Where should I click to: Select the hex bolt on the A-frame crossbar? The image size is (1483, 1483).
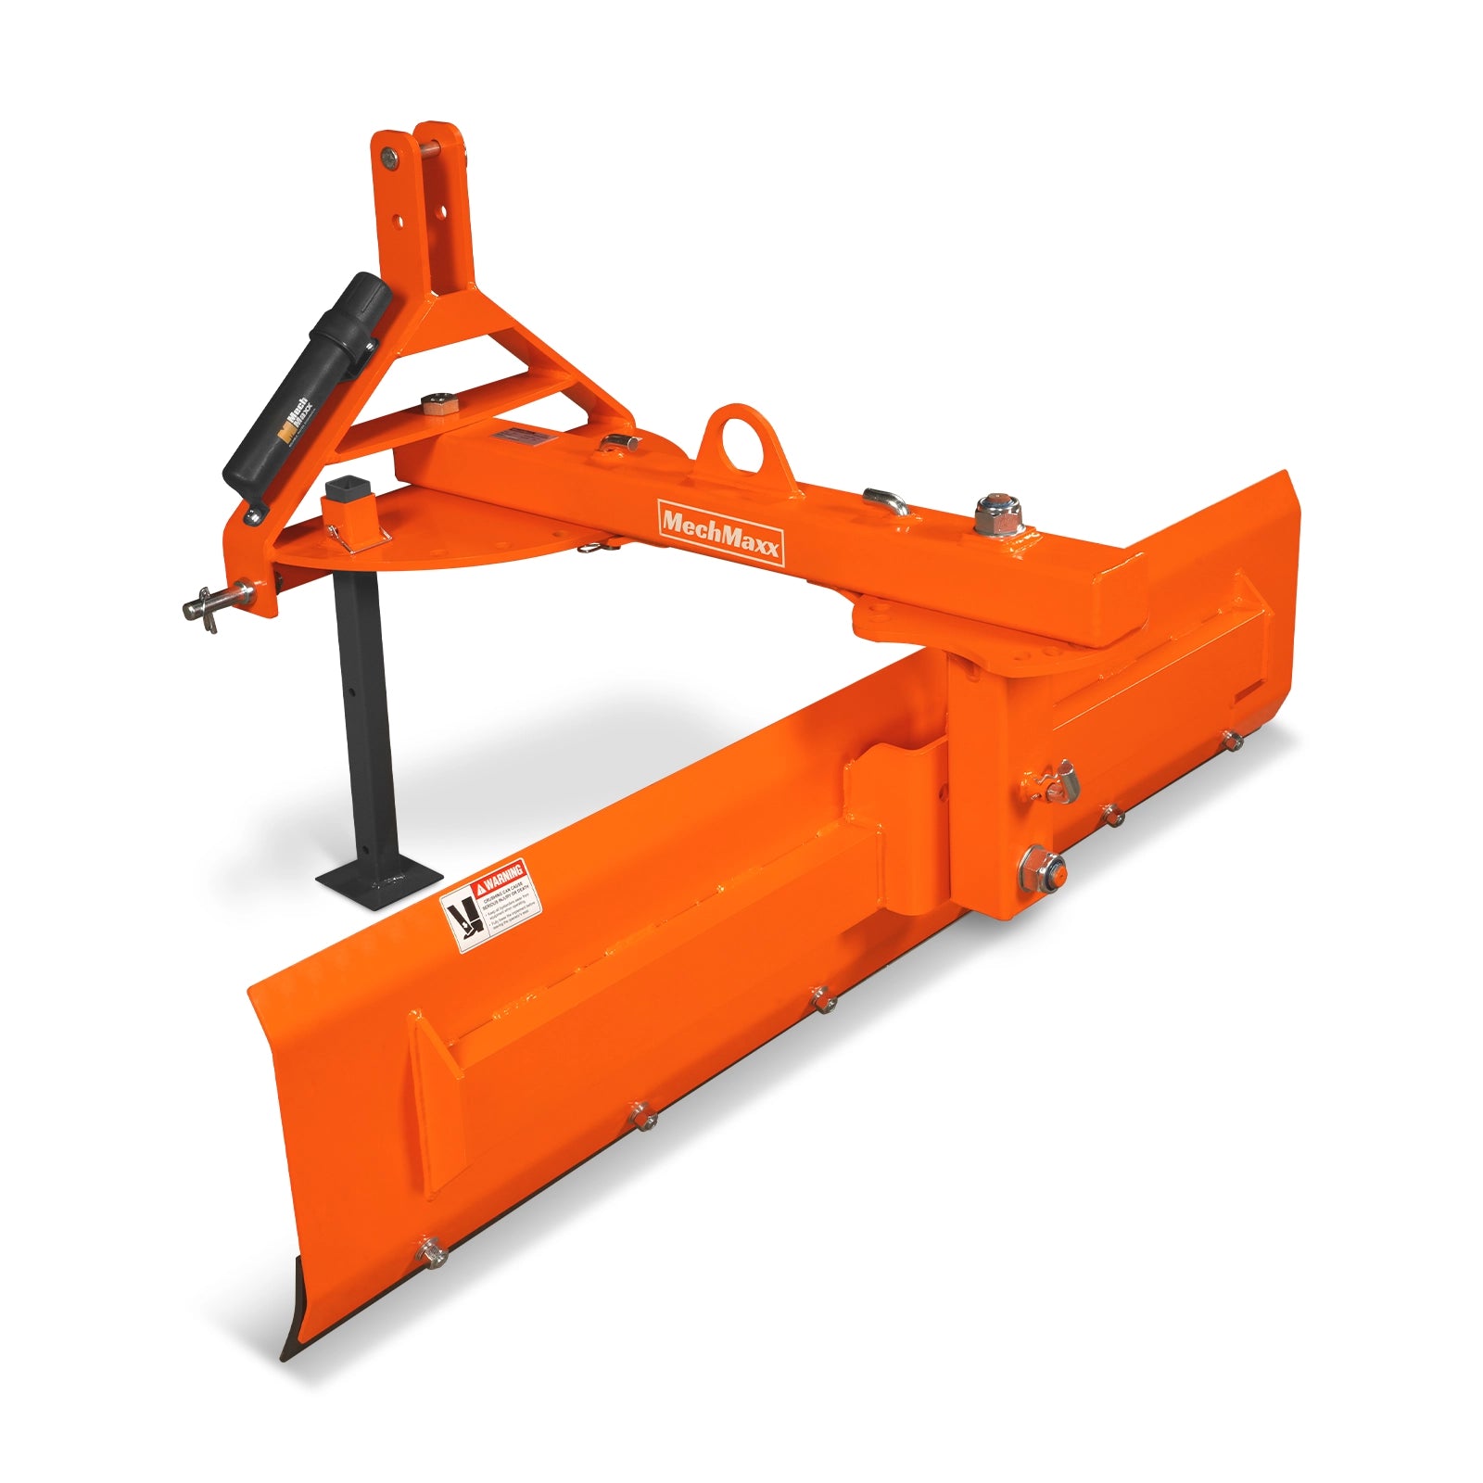(437, 405)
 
